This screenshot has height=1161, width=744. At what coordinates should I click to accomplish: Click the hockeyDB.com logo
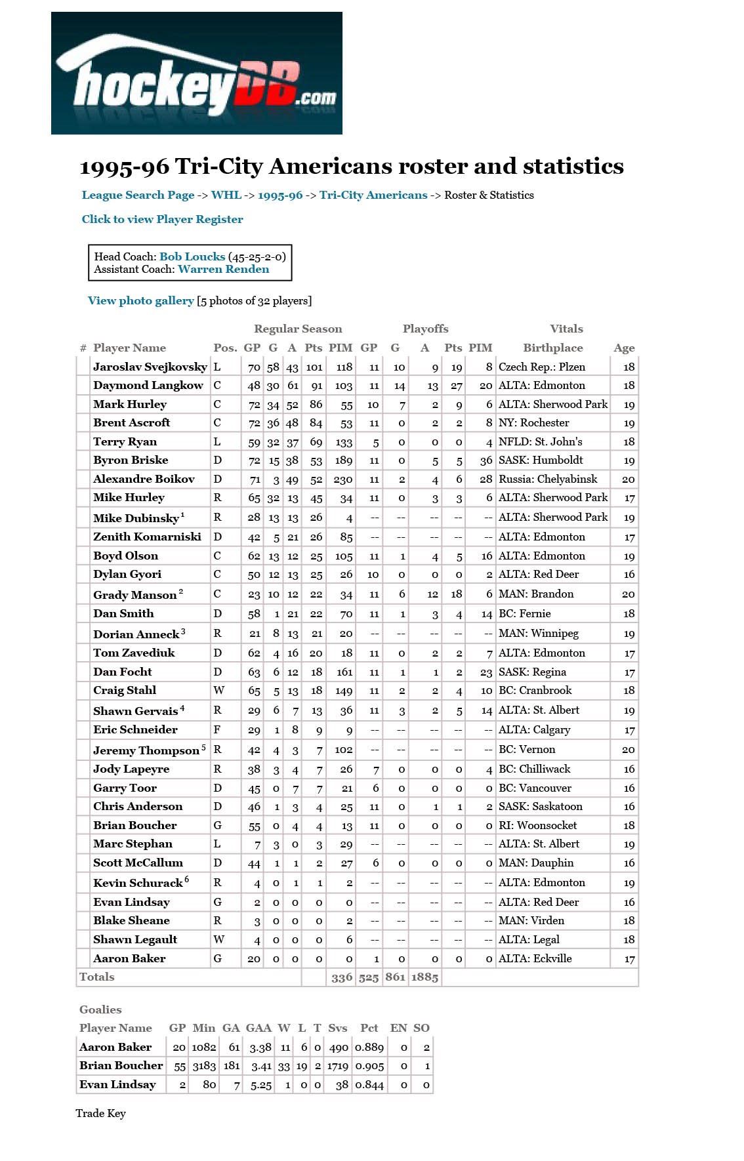pos(196,73)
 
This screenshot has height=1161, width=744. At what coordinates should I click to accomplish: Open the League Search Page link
pos(138,195)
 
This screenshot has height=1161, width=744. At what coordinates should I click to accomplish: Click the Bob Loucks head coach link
pos(192,256)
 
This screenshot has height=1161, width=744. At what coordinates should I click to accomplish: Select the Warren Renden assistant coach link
pos(223,269)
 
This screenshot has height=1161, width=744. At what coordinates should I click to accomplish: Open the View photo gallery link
pos(140,300)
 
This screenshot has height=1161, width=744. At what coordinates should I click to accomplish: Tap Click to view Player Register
pos(162,219)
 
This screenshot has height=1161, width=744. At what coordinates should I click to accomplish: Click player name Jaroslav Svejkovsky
pos(150,367)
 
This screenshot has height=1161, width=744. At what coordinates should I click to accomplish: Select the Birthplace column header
pos(552,348)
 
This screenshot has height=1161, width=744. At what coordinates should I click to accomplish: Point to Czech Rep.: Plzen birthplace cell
pos(541,367)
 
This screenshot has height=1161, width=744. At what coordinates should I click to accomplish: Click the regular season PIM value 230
pos(342,479)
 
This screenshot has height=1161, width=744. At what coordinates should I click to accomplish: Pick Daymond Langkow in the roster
pos(148,385)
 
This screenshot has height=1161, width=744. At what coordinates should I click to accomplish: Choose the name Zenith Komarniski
pos(147,537)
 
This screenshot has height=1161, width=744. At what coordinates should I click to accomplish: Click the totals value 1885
pos(424,977)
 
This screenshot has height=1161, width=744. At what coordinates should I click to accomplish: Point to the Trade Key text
pos(100,1113)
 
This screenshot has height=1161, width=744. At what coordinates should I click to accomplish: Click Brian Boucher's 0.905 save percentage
pos(369,1066)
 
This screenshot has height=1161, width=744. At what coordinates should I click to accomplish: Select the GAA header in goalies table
pos(258,1028)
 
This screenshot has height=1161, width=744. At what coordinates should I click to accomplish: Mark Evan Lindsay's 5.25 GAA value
pos(260,1085)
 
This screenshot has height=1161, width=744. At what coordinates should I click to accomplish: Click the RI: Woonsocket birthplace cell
pos(537,825)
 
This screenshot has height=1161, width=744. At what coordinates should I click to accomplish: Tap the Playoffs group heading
pos(425,329)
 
